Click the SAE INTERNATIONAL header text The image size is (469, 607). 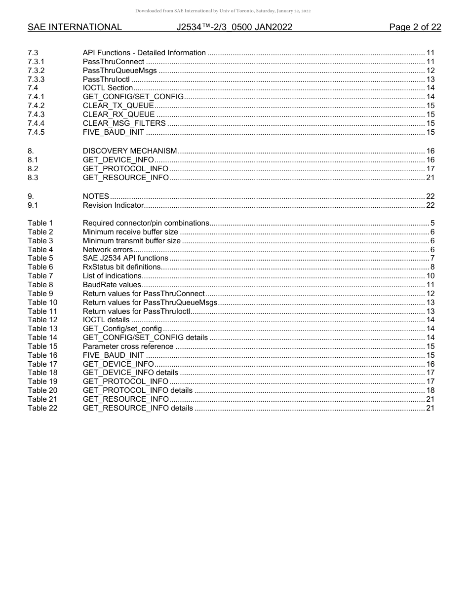point(75,27)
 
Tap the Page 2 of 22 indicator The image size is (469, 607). point(415,27)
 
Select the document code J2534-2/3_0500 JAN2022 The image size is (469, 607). point(234,27)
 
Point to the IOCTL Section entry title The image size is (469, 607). point(108,88)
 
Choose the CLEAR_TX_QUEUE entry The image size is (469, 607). point(118,106)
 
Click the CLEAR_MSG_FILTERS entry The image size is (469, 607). point(124,123)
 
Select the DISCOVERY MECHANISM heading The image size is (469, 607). point(129,151)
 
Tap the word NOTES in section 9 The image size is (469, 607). point(96,196)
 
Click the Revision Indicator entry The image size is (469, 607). point(113,205)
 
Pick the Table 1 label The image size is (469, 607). point(40,223)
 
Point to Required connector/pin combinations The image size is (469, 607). point(146,223)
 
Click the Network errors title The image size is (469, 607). point(108,250)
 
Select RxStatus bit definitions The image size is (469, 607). point(121,267)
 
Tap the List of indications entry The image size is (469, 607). point(112,276)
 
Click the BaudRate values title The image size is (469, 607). point(112,285)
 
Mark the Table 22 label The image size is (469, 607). point(42,408)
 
